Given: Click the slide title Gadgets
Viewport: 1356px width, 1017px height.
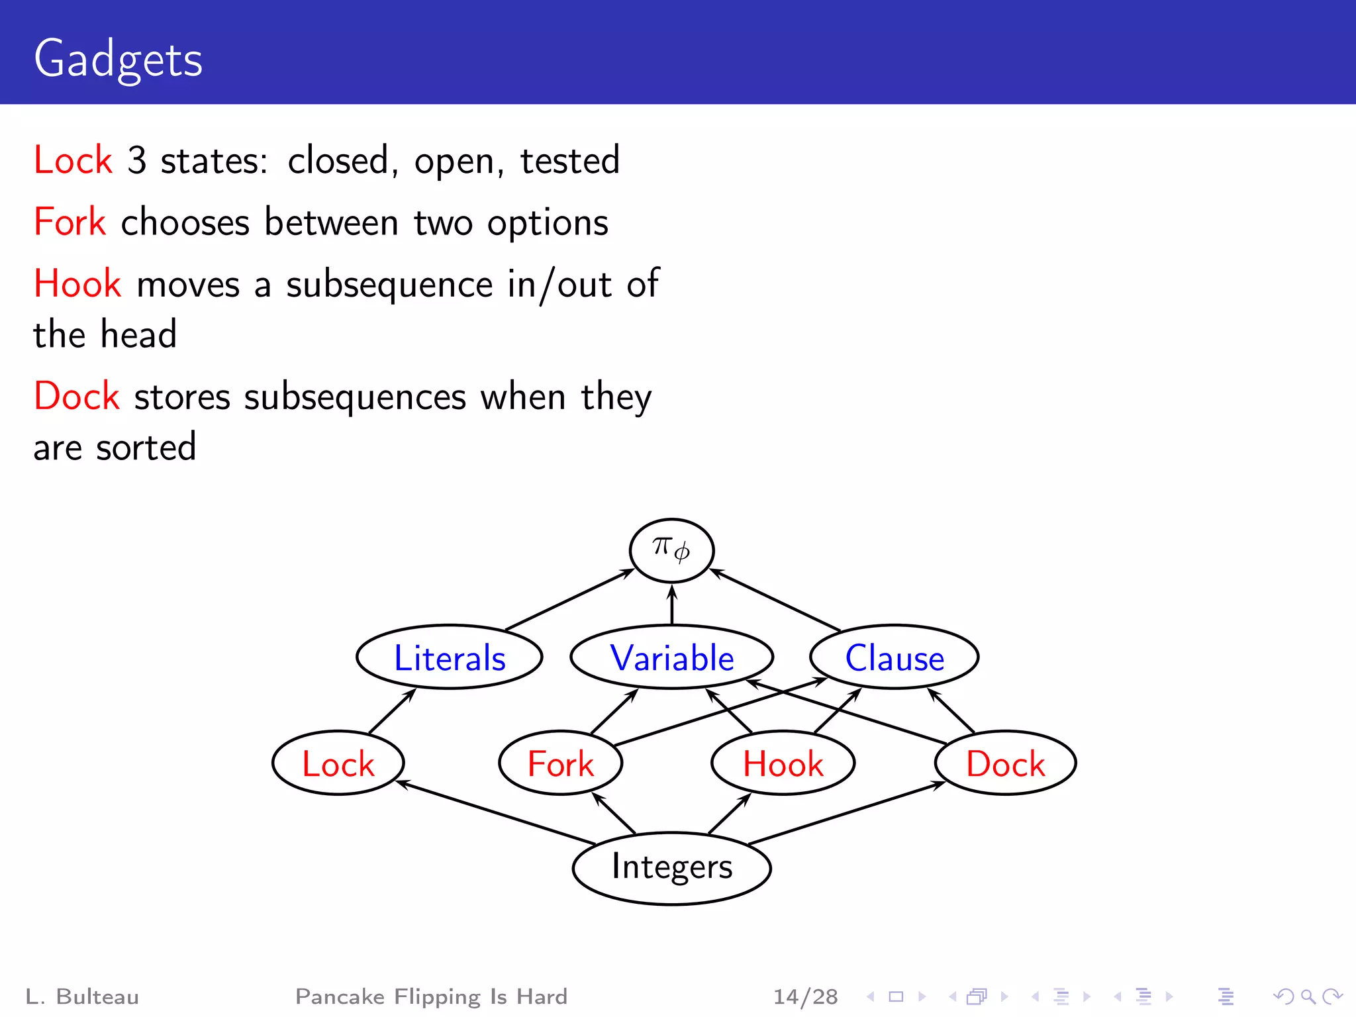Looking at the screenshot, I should (x=118, y=60).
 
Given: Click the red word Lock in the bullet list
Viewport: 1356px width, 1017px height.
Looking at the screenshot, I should (x=73, y=160).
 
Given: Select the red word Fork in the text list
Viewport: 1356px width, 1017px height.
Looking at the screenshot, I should (x=70, y=222).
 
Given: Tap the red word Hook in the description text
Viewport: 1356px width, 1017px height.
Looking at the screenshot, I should (x=77, y=284).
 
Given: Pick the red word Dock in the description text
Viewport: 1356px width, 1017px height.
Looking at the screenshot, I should (x=77, y=397).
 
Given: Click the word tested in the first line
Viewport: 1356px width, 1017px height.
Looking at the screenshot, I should (x=569, y=161).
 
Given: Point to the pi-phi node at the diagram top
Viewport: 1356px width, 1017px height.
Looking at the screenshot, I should (x=671, y=550).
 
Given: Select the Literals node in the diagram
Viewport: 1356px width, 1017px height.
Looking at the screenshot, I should (x=450, y=657).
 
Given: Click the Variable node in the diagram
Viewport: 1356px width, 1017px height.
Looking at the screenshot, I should (x=671, y=657).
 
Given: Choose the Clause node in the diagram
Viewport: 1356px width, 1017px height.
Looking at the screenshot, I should (x=894, y=657).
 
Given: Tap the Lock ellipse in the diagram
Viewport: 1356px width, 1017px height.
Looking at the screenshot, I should (x=338, y=763).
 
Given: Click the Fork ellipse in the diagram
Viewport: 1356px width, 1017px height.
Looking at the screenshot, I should (x=560, y=763).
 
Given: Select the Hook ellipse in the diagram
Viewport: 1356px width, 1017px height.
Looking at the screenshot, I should (x=783, y=763).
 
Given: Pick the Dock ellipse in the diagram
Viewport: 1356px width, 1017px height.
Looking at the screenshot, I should (x=1005, y=763).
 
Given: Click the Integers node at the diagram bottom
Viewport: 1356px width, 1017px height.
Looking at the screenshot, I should (x=671, y=867).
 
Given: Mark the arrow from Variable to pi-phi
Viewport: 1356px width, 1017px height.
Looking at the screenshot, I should (x=672, y=605).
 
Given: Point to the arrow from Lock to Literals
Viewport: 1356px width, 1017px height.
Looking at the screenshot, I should (x=392, y=710).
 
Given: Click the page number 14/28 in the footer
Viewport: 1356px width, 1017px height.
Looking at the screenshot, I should (x=805, y=996).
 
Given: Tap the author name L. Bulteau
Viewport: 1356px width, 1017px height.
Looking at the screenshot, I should (x=82, y=996).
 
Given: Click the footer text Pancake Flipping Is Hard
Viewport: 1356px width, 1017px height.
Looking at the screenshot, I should (x=431, y=996).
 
